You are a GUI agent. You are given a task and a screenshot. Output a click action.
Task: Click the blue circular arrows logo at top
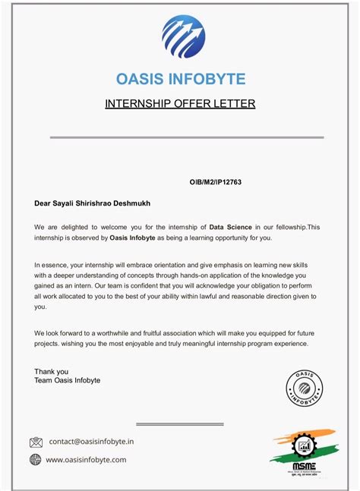[183, 37]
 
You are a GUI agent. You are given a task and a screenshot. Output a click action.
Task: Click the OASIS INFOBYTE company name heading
[180, 79]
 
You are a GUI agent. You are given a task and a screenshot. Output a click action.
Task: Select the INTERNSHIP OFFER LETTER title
[180, 103]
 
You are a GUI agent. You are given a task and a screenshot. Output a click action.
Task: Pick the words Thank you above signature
[51, 372]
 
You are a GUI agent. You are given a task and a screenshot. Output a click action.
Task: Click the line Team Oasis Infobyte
[67, 380]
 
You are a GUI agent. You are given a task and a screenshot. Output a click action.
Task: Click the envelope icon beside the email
[36, 442]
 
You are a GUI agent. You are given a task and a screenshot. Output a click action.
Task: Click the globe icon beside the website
[36, 460]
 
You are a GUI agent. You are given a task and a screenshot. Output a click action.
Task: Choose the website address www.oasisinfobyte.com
[86, 460]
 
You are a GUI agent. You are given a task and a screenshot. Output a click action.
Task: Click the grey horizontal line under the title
[186, 137]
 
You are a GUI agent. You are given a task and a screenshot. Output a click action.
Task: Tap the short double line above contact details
[179, 424]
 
